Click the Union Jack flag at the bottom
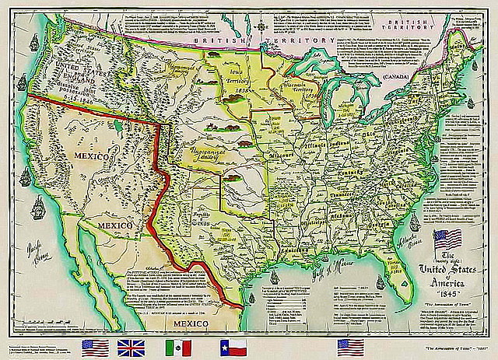tap(128, 346)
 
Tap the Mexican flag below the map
tap(179, 346)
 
